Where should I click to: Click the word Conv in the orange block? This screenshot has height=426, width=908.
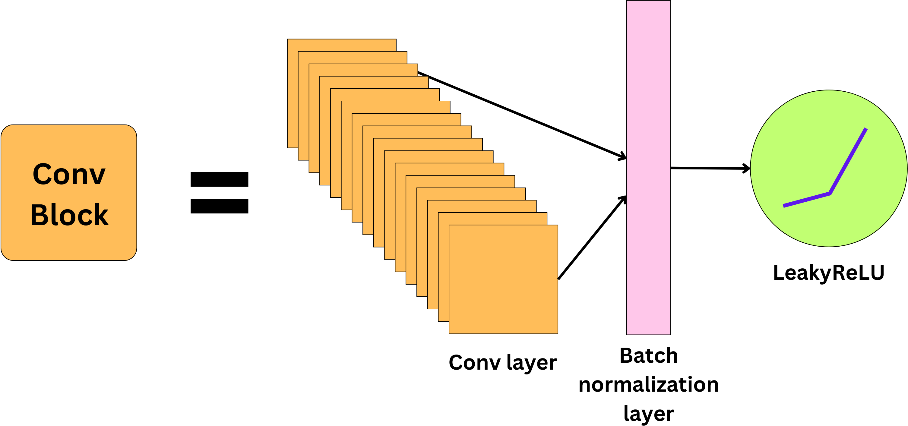[x=69, y=175]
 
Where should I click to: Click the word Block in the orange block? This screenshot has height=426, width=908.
[x=69, y=215]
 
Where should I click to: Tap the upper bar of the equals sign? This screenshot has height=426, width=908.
[x=219, y=179]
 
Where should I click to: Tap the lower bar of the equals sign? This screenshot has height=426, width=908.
[x=219, y=206]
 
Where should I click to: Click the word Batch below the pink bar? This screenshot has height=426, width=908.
[x=649, y=356]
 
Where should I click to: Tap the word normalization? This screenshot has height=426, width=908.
[x=649, y=384]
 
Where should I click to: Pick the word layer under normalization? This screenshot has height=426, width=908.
[x=649, y=414]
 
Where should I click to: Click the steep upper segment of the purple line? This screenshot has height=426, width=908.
[x=848, y=161]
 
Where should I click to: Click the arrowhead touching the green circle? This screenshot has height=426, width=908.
[x=747, y=169]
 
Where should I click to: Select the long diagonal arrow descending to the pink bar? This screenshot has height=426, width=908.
[x=522, y=115]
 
